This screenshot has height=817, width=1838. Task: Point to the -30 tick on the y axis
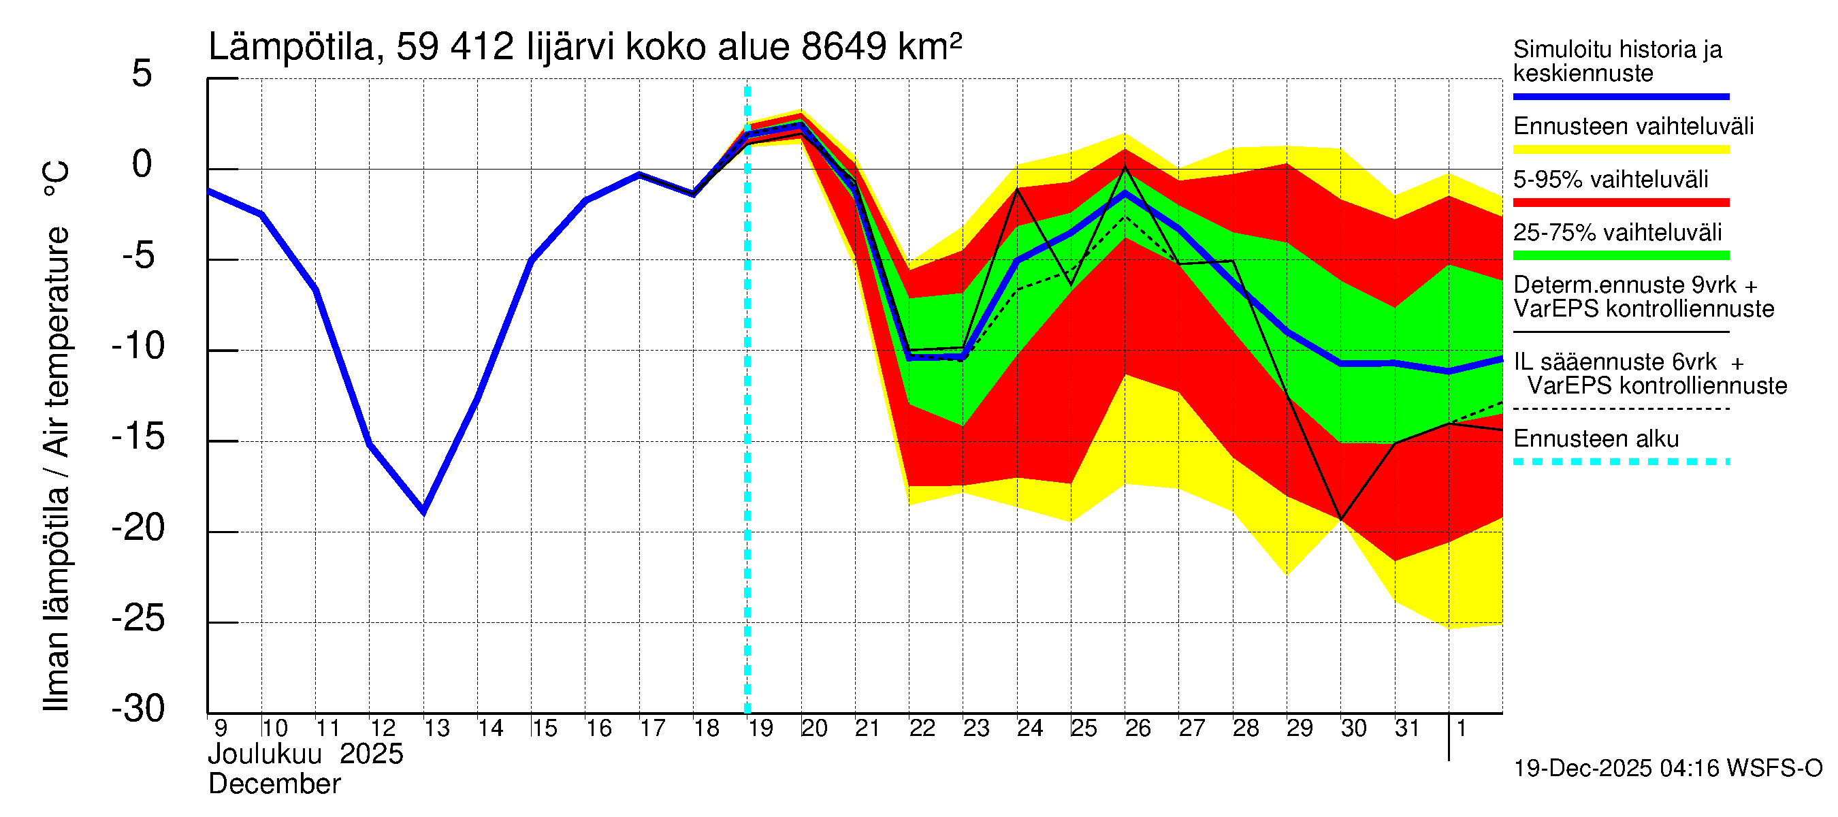[138, 709]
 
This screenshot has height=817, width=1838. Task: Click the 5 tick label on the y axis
[142, 74]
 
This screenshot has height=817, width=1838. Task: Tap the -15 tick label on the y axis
[138, 437]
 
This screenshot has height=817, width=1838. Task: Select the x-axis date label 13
[436, 728]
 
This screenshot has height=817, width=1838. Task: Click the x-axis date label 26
[1138, 728]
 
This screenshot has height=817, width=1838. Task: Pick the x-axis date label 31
[1406, 728]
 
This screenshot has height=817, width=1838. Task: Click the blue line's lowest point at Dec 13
[424, 511]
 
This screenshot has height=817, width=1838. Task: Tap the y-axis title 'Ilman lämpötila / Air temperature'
[57, 435]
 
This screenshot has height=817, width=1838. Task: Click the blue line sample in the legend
[1620, 96]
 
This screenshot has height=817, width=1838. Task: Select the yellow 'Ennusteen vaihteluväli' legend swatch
[1620, 150]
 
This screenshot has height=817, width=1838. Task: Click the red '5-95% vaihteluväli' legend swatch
[1620, 203]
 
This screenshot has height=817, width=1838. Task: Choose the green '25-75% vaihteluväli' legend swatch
[1620, 255]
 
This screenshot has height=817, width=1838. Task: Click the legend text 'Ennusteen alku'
[1596, 439]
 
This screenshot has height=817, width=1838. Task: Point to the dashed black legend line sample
[1620, 409]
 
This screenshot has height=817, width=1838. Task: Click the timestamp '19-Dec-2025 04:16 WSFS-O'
[1667, 769]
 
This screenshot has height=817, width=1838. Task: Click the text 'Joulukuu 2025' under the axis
[306, 754]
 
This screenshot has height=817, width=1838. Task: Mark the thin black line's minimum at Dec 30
[1340, 519]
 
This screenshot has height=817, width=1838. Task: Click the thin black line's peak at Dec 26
[1125, 166]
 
